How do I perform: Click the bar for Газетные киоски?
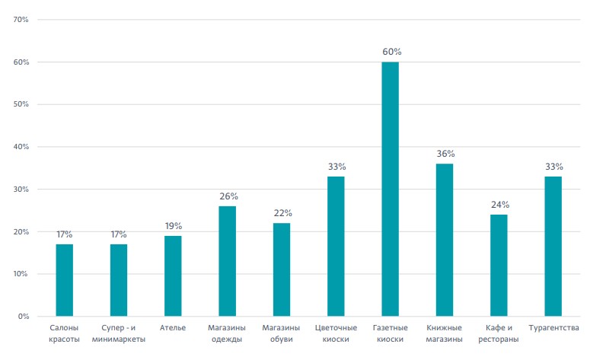click(x=390, y=189)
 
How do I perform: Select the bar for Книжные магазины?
click(x=445, y=240)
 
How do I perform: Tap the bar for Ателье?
click(x=173, y=276)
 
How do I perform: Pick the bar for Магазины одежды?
click(x=227, y=261)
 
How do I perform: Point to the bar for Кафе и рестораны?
click(x=499, y=266)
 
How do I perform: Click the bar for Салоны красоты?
click(x=64, y=280)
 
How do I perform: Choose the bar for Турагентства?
click(x=553, y=247)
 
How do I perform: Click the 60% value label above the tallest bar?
click(x=392, y=52)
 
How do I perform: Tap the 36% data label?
click(x=445, y=154)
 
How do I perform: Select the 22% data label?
click(x=283, y=213)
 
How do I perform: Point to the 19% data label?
click(x=174, y=226)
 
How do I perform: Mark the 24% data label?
click(x=500, y=205)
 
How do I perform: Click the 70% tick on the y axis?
click(x=21, y=20)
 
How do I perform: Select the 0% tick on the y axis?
click(x=24, y=317)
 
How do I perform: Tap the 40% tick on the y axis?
click(x=21, y=147)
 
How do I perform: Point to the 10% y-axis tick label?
click(x=21, y=274)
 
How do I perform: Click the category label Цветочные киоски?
click(x=336, y=333)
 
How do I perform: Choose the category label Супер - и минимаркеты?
click(x=119, y=333)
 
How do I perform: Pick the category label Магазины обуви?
click(x=281, y=333)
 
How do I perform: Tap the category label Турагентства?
click(x=553, y=328)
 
